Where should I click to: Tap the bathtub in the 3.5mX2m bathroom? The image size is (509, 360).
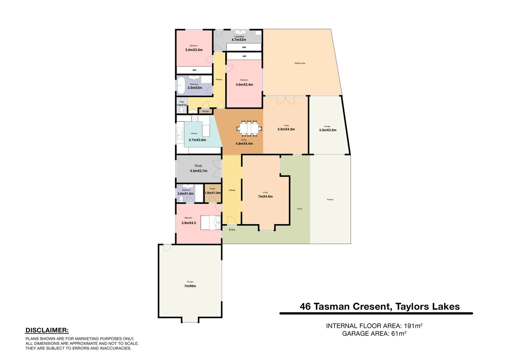pyautogui.click(x=181, y=85)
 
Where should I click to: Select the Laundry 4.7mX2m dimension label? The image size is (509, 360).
pyautogui.click(x=239, y=40)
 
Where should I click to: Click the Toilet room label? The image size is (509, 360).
pyautogui.click(x=182, y=102)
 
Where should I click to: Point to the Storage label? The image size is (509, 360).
pyautogui.click(x=206, y=111)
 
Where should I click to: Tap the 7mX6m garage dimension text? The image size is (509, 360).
pyautogui.click(x=190, y=286)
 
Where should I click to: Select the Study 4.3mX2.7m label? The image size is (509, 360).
pyautogui.click(x=199, y=168)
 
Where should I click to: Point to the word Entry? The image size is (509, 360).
pyautogui.click(x=232, y=230)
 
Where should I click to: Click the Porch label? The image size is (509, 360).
pyautogui.click(x=299, y=209)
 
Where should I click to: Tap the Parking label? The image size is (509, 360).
pyautogui.click(x=330, y=200)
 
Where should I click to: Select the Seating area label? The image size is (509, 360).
pyautogui.click(x=300, y=63)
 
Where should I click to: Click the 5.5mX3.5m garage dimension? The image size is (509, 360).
pyautogui.click(x=328, y=130)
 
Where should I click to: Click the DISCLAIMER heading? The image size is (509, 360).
pyautogui.click(x=47, y=330)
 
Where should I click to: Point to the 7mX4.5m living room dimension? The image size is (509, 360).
pyautogui.click(x=265, y=197)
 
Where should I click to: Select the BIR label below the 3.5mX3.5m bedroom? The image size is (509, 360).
pyautogui.click(x=195, y=70)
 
